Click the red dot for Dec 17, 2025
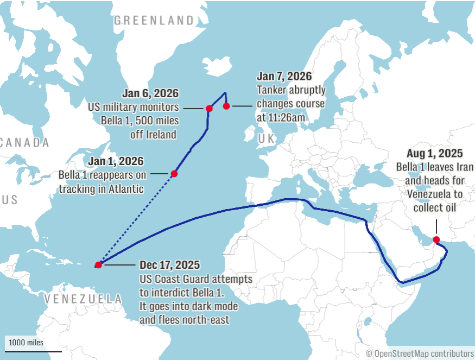(98, 265)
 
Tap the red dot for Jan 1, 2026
(174, 174)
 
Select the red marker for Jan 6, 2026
(209, 109)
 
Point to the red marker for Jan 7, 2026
(226, 106)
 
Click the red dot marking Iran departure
(436, 239)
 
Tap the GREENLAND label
(154, 21)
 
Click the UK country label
(267, 139)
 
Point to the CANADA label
(24, 143)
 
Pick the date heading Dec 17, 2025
(169, 266)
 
